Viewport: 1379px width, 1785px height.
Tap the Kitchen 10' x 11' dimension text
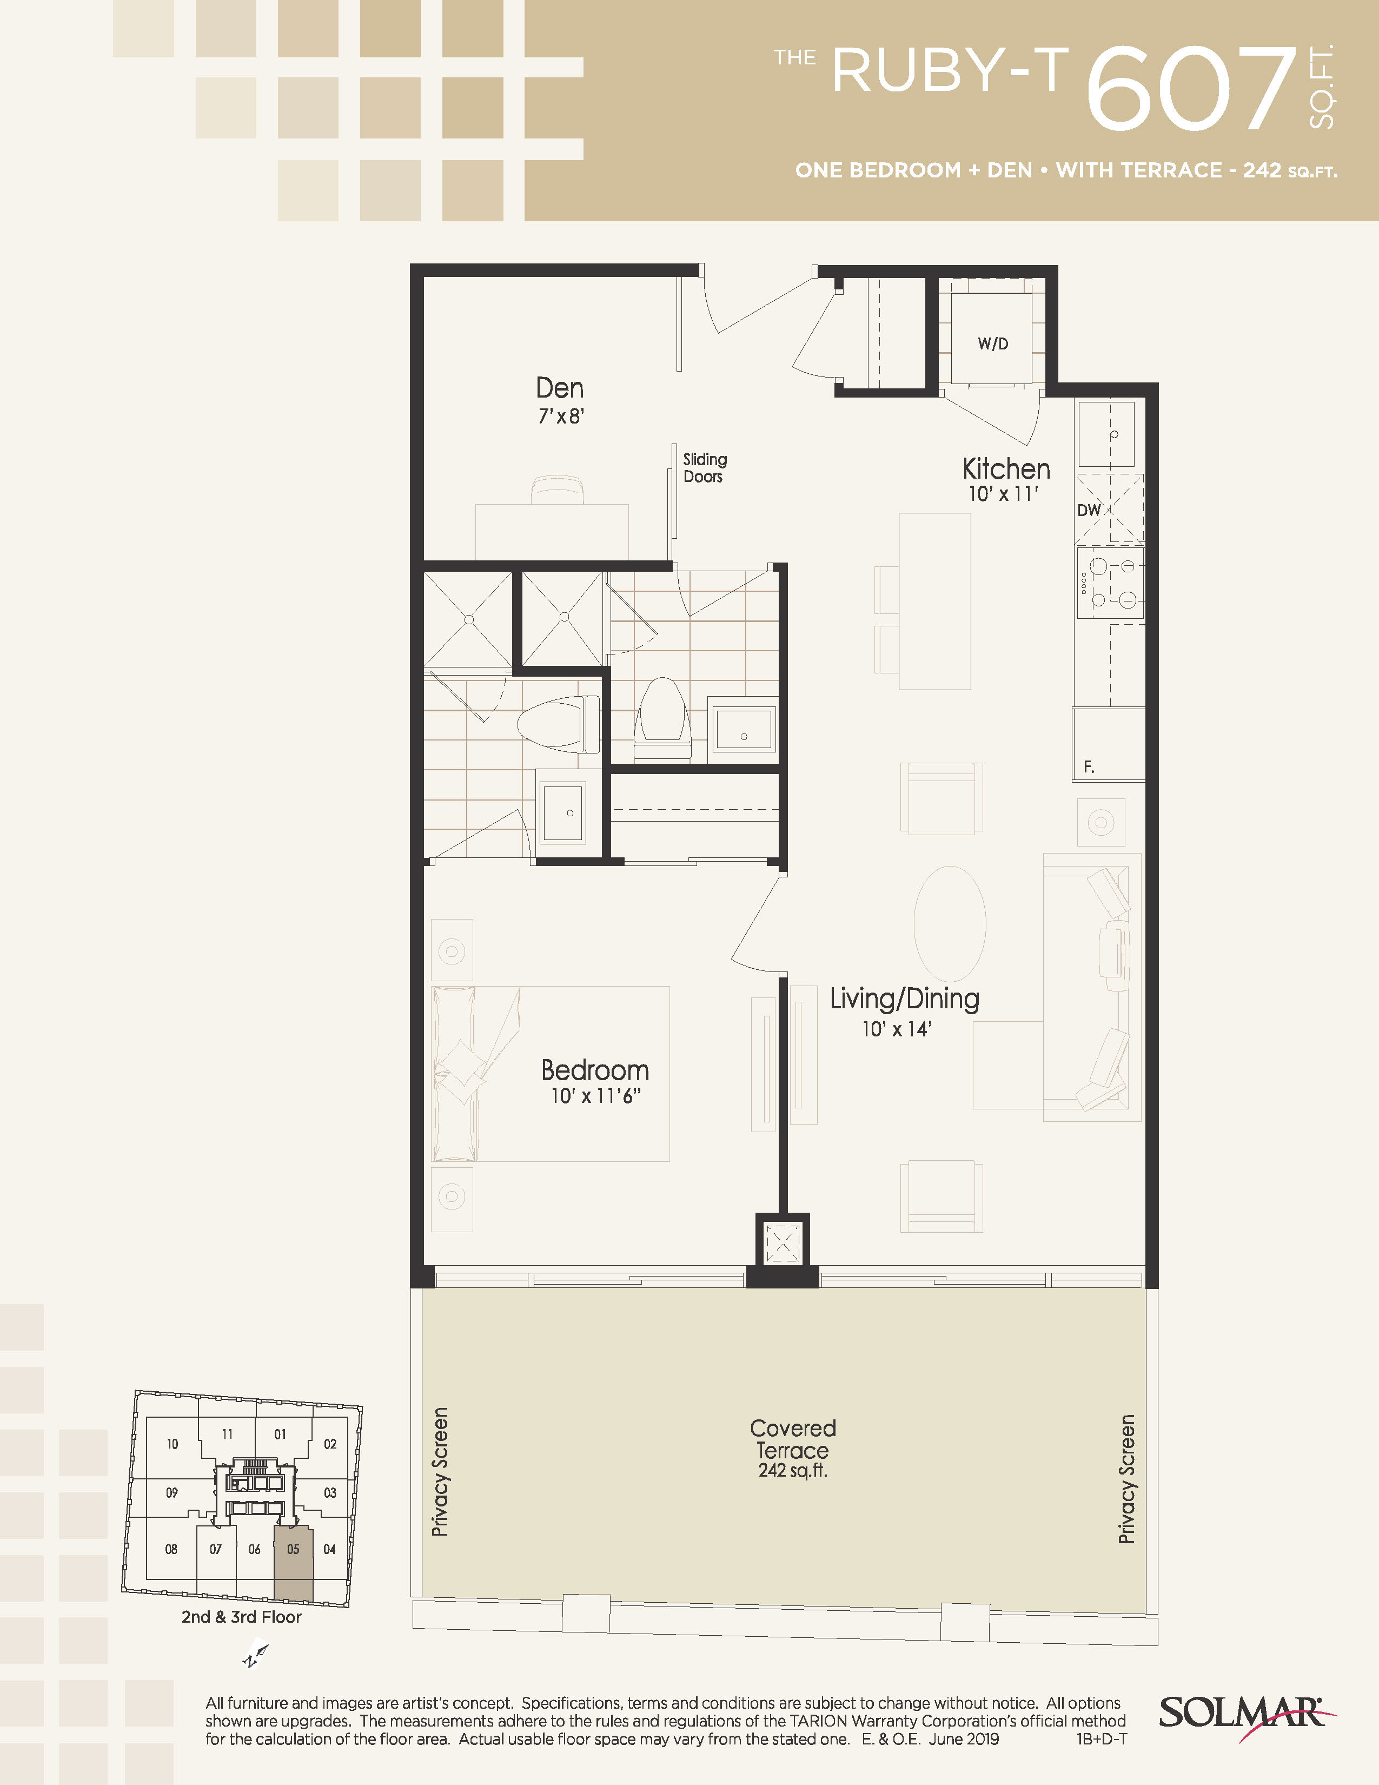[1003, 494]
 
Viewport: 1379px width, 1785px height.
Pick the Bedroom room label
[595, 1070]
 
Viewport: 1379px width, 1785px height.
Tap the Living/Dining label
[904, 998]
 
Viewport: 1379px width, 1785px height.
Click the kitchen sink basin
[1106, 434]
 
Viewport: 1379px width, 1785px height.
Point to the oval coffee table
[949, 923]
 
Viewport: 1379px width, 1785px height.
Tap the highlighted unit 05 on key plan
[293, 1564]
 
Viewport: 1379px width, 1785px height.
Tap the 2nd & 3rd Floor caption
[241, 1617]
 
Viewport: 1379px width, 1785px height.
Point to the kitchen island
[934, 601]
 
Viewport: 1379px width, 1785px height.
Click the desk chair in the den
[557, 491]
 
